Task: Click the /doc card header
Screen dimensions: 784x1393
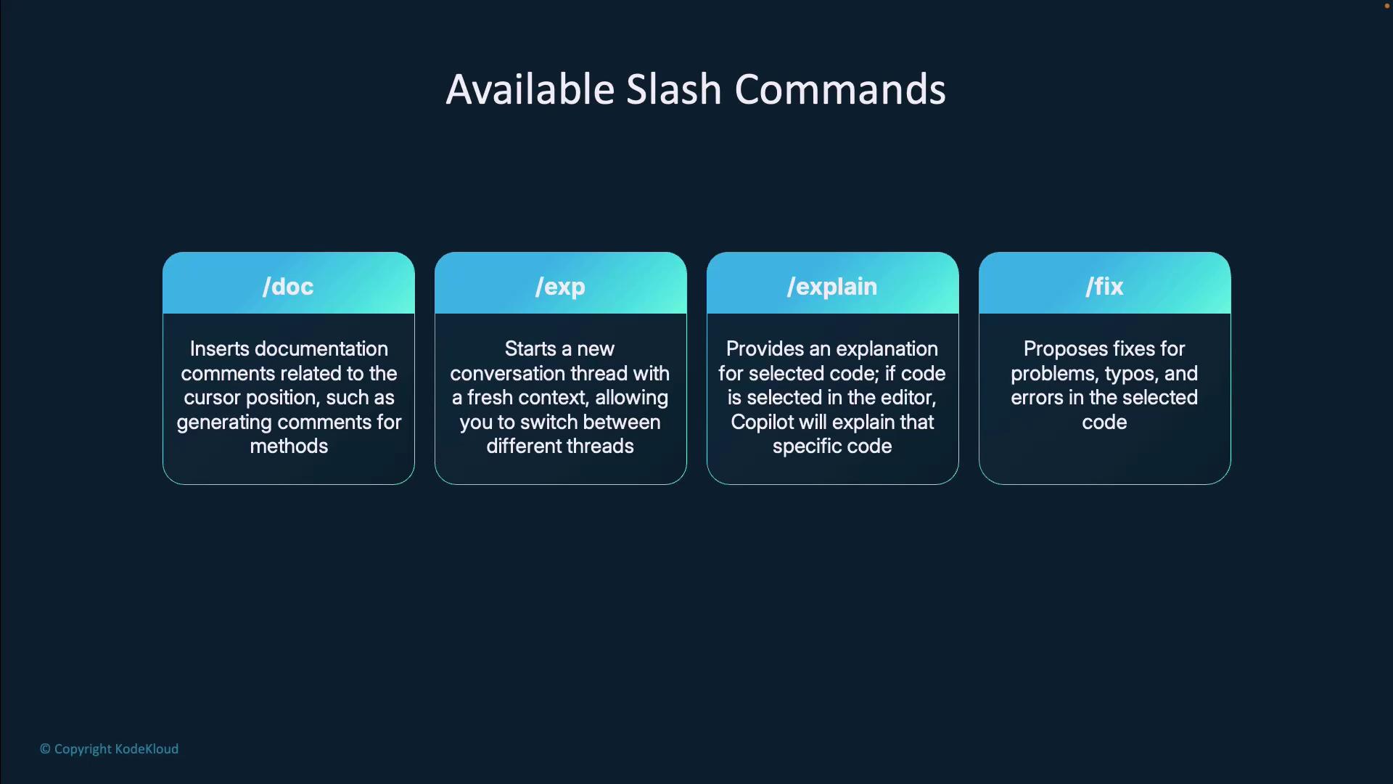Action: pos(288,286)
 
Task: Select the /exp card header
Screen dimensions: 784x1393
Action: pos(560,286)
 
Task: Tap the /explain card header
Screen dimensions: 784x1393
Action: pos(832,286)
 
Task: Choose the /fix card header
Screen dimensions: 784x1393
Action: pos(1104,286)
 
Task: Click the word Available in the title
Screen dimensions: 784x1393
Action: pos(530,90)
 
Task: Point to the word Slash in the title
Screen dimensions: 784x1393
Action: pos(674,90)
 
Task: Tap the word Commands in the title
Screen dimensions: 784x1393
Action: pos(840,90)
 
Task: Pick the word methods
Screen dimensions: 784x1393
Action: pos(289,446)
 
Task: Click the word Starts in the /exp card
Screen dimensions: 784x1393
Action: pos(530,349)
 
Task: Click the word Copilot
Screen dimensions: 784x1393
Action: pos(762,422)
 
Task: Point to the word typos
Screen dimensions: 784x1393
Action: pos(1130,375)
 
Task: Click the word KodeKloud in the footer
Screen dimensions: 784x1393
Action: pos(147,749)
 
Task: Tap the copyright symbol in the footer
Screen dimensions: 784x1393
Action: pos(45,749)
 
